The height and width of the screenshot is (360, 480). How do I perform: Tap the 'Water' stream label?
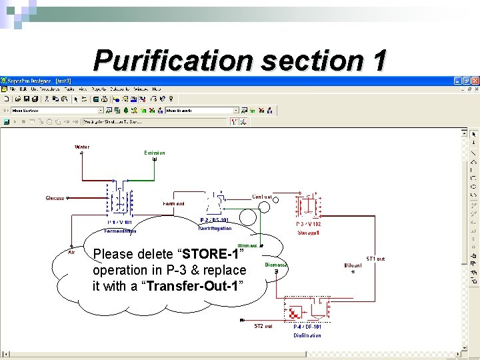pos(82,147)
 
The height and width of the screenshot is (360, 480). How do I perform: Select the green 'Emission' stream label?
pos(155,153)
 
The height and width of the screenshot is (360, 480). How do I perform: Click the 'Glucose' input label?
pos(55,198)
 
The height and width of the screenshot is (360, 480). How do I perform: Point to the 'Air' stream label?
pos(71,252)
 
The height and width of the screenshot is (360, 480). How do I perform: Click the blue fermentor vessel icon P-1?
pos(121,199)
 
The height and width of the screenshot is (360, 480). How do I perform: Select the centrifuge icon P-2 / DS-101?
pos(215,201)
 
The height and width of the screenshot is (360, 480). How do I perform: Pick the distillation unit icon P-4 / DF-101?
pos(307,311)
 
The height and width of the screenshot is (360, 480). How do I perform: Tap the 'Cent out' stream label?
pos(262,197)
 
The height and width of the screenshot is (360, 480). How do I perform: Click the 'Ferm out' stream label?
pos(173,203)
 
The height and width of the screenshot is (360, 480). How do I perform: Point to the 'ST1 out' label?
pos(375,259)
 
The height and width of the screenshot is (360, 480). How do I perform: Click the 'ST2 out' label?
pos(263,326)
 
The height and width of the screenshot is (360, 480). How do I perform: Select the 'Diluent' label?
pos(353,265)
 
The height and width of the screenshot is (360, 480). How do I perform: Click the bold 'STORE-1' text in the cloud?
pos(211,255)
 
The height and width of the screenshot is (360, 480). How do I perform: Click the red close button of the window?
pos(475,81)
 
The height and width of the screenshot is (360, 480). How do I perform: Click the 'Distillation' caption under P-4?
pos(307,335)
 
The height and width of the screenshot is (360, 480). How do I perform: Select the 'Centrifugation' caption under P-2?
pos(215,228)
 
